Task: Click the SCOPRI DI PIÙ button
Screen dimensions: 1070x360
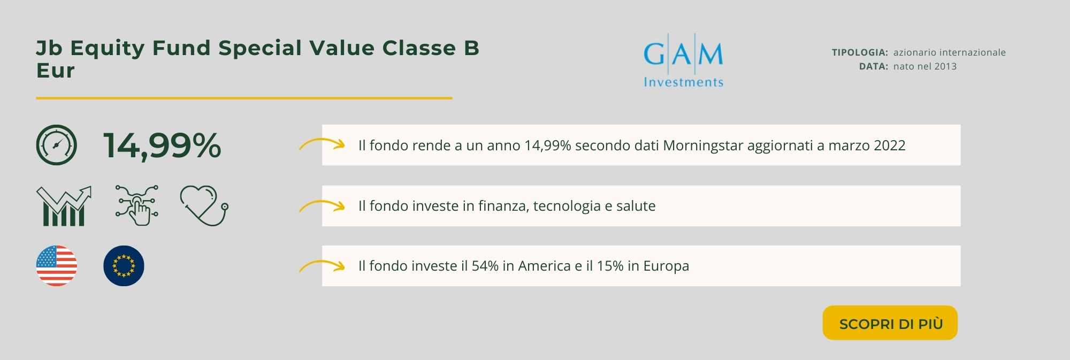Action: point(890,323)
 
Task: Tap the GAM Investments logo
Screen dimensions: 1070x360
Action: point(683,60)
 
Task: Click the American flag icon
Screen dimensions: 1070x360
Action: point(57,266)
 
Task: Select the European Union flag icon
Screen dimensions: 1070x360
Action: point(124,266)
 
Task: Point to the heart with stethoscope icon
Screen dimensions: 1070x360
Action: point(204,206)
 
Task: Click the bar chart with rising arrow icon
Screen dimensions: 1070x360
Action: point(64,206)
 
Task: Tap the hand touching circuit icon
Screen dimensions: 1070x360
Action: point(136,205)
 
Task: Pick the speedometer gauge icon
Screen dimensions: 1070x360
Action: point(57,145)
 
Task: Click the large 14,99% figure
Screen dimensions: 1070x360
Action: point(162,145)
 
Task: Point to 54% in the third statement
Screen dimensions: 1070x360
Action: point(485,266)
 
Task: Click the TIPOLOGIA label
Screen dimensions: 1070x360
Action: point(860,52)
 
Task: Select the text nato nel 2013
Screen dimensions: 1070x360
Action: point(925,66)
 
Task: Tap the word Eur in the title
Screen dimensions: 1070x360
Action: point(55,71)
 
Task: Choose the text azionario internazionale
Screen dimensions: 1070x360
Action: point(950,52)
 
